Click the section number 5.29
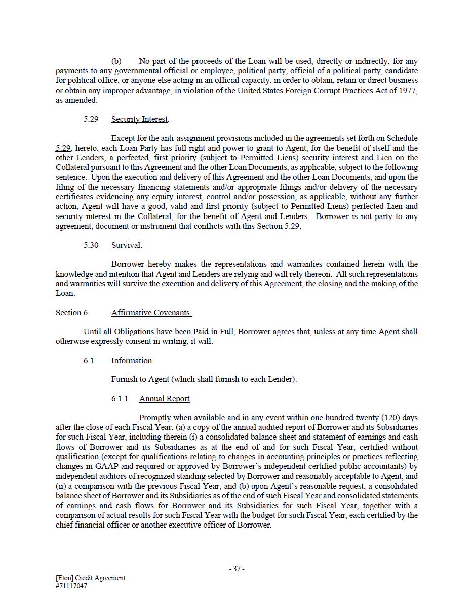tap(91, 119)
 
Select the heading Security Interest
tap(139, 119)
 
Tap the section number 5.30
tap(91, 245)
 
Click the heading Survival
tap(126, 245)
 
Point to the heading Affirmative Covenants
tap(151, 313)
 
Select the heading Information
tap(132, 361)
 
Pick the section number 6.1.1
tap(120, 399)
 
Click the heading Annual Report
tap(164, 399)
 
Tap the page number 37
tap(237, 569)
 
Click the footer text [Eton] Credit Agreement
tap(90, 578)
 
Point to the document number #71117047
tap(71, 586)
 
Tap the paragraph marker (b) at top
tap(116, 61)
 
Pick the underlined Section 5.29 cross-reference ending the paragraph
tap(278, 226)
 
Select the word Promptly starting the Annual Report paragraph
tap(155, 418)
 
